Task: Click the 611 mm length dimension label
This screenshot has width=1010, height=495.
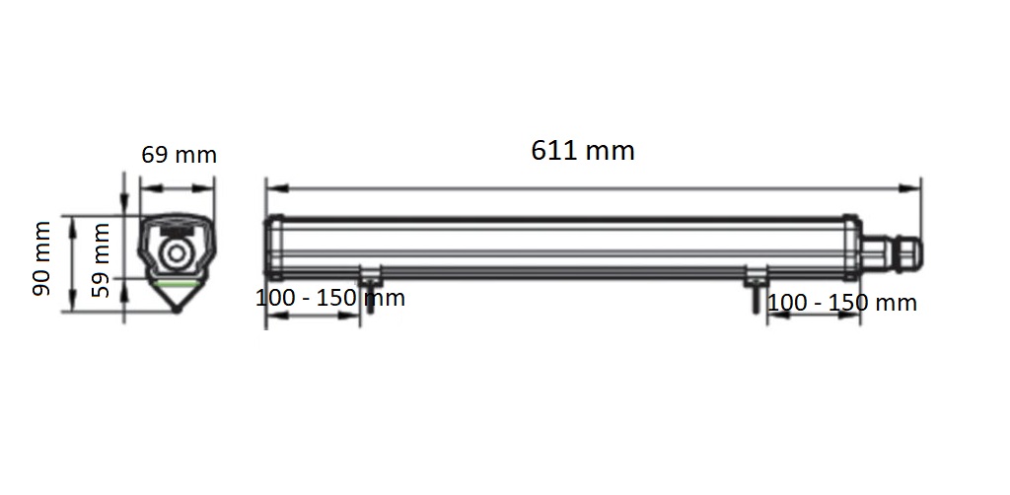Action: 583,151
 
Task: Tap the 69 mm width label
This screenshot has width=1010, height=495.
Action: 180,155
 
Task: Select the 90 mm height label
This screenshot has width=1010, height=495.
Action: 41,258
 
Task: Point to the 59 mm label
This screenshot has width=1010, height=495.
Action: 101,259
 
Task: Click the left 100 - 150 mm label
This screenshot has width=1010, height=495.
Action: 330,298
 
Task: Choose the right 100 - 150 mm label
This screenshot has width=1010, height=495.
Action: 842,303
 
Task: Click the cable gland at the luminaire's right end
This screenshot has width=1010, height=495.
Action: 892,253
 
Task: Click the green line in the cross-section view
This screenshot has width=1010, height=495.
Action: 177,283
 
